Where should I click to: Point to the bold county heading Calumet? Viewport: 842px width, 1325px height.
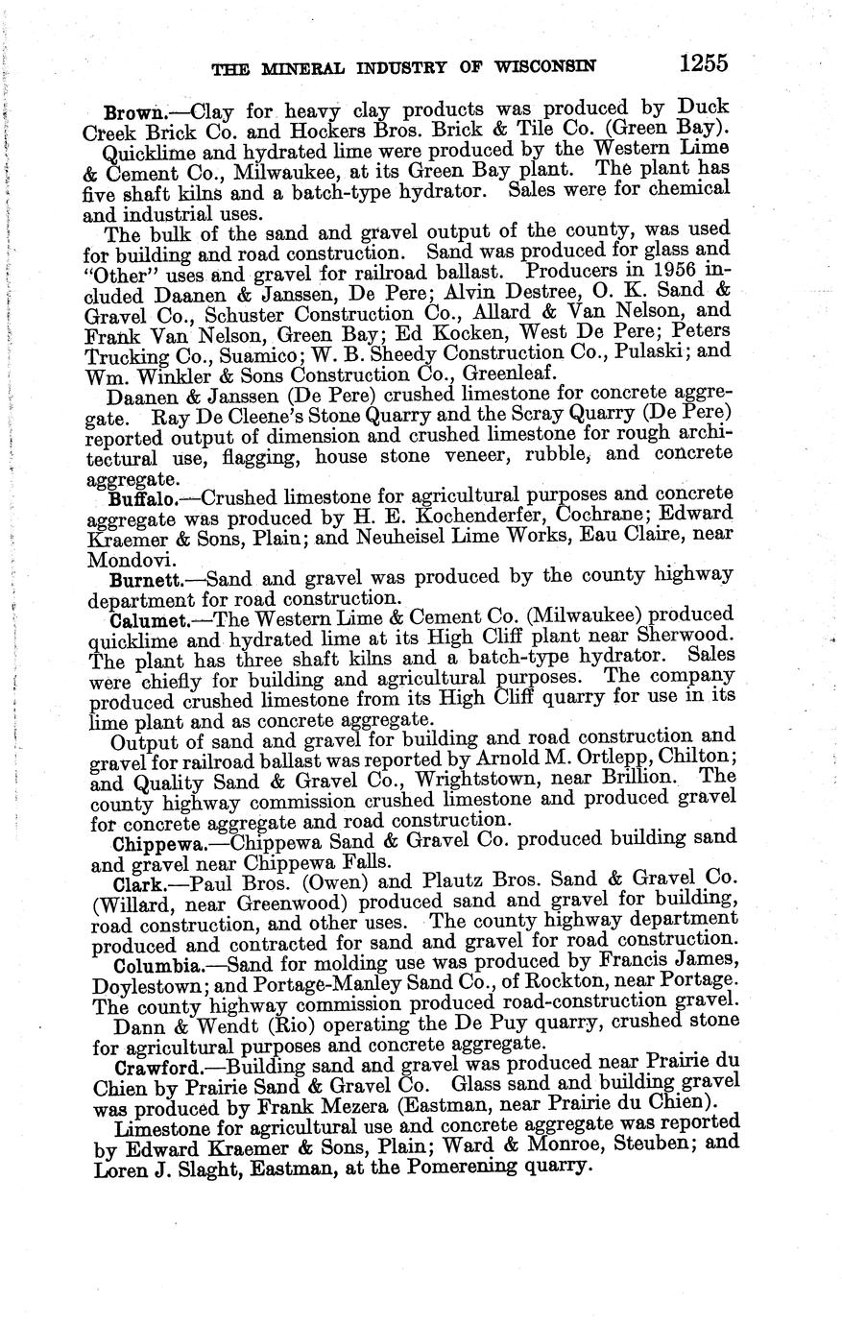point(146,620)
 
